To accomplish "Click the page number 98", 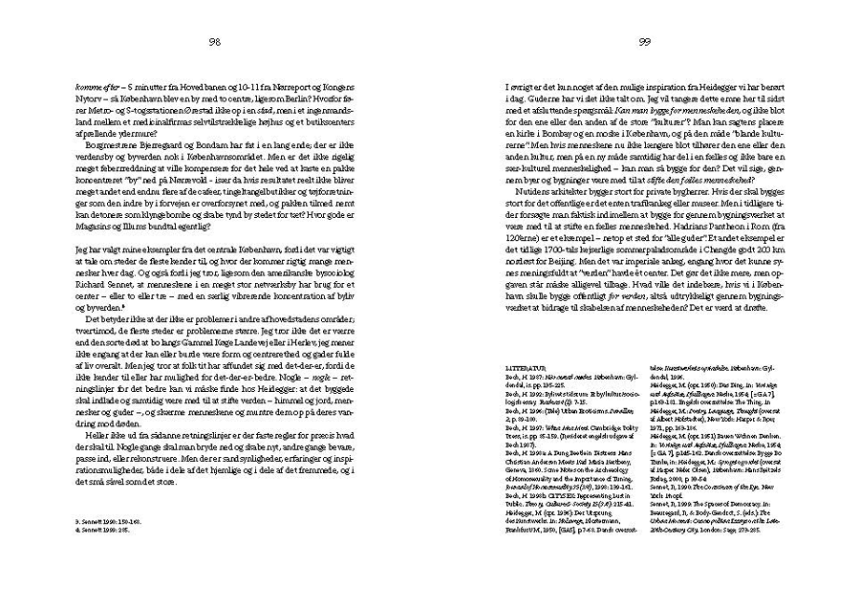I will pyautogui.click(x=215, y=41).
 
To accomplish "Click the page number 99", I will pyautogui.click(x=644, y=41).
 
